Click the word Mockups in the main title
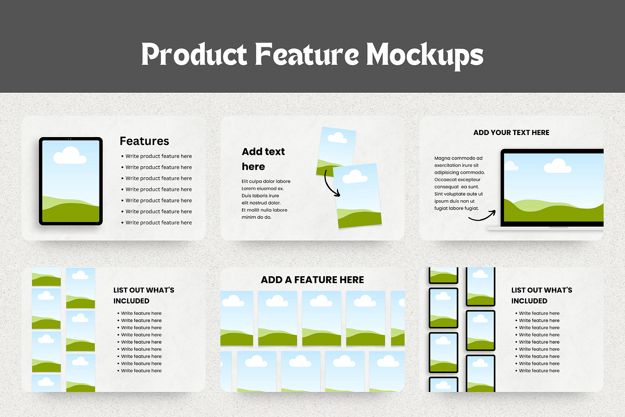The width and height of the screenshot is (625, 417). (x=424, y=55)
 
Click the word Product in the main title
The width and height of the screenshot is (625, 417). (x=194, y=54)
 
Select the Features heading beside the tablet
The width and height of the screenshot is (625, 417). (x=144, y=141)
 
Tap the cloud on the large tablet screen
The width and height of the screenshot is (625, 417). (x=70, y=155)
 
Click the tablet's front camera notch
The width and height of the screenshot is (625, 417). (x=68, y=139)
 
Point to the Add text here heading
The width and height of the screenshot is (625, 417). (x=263, y=159)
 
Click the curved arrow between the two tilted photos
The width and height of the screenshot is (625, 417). (x=331, y=185)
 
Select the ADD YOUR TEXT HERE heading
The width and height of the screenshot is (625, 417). (x=511, y=133)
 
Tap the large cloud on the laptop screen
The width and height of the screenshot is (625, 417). (x=557, y=166)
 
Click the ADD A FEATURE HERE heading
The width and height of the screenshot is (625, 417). (x=312, y=280)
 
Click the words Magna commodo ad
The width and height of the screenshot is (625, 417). (x=458, y=158)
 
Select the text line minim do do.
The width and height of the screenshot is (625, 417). (x=256, y=217)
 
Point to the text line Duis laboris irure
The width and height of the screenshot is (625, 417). (x=260, y=195)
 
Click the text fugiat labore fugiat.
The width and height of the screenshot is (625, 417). (x=456, y=208)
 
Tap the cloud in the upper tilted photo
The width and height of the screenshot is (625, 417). (x=337, y=138)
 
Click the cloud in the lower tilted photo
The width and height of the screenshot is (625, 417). (x=355, y=177)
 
